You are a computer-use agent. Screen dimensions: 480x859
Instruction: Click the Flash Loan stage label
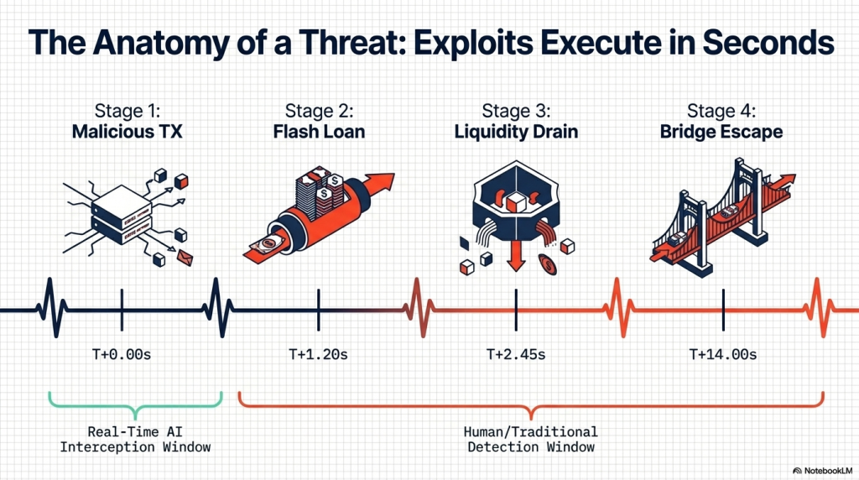coord(320,132)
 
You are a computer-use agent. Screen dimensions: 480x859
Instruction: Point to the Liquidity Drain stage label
coord(517,132)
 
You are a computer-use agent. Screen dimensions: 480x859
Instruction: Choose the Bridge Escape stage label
coord(723,132)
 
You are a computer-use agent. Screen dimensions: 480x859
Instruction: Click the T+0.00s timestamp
coord(122,354)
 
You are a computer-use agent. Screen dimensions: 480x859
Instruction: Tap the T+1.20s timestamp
coord(319,354)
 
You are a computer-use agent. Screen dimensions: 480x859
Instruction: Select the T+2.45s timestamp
coord(516,354)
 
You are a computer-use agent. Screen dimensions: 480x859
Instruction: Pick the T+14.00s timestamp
coord(723,354)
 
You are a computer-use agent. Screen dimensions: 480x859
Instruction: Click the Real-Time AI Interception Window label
coord(136,439)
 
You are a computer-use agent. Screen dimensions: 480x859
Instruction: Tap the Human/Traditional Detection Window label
coord(530,439)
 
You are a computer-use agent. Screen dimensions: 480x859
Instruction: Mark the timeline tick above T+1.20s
coord(319,310)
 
